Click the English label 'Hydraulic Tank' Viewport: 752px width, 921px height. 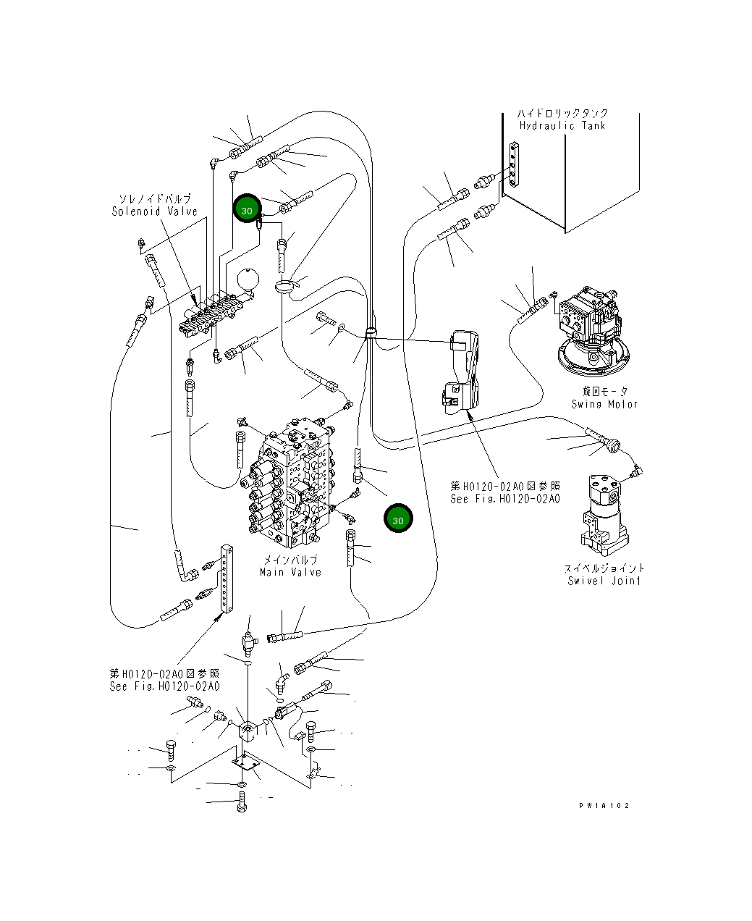coord(562,125)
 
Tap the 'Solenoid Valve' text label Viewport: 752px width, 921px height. coord(155,211)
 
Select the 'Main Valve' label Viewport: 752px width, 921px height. coord(290,572)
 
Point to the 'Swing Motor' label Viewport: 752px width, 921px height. coord(604,404)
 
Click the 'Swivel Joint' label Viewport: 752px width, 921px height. coord(604,581)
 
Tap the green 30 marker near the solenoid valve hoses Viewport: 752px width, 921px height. coord(247,209)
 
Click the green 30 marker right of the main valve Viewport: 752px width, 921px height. coord(398,519)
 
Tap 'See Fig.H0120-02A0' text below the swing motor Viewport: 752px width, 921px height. coord(504,499)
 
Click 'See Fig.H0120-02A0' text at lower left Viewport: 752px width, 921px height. coord(164,686)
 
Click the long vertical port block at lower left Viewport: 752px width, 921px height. coord(227,579)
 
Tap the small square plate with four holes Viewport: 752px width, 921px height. coord(246,765)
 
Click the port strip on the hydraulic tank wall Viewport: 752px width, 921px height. coord(512,167)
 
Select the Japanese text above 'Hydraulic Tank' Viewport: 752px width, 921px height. coord(562,113)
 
